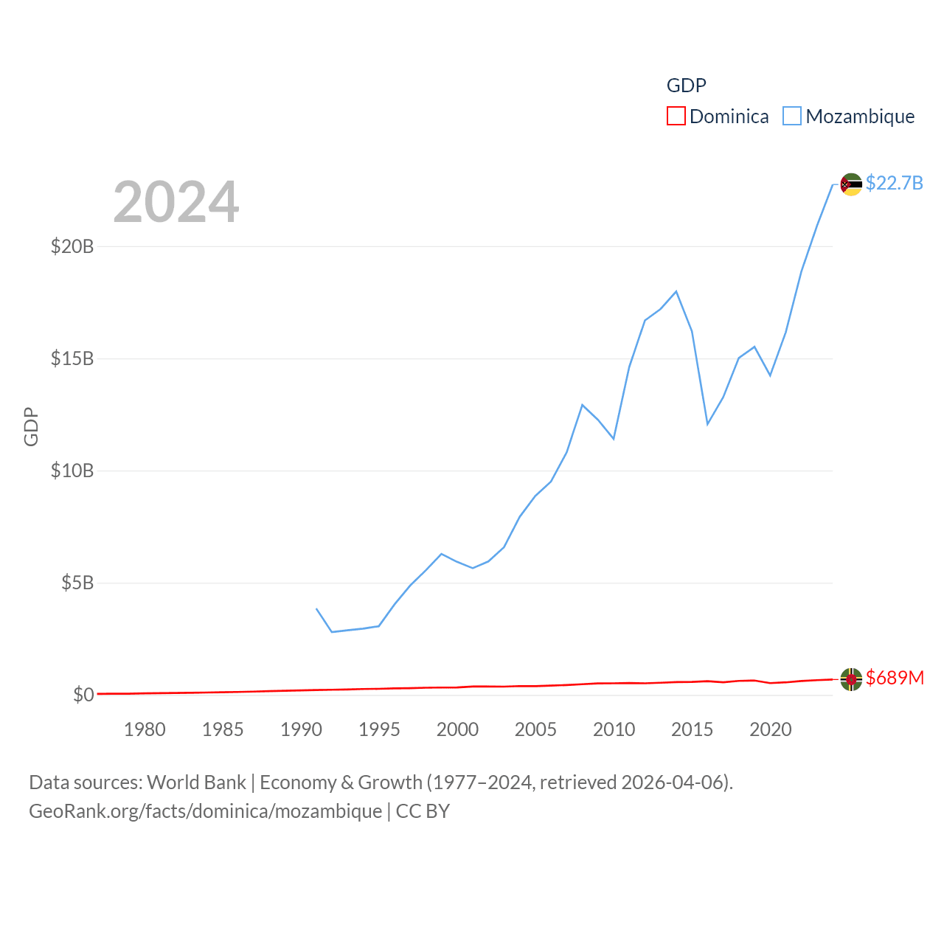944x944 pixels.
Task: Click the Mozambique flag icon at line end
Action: coord(851,184)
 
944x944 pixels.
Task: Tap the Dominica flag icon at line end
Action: coord(851,678)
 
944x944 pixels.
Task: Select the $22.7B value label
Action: coord(894,183)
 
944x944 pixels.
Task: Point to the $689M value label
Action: coord(895,678)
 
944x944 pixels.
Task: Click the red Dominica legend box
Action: coord(676,117)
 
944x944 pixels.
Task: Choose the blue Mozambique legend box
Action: coord(791,117)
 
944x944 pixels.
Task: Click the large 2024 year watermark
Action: coord(176,202)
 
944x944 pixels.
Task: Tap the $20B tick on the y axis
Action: coord(72,246)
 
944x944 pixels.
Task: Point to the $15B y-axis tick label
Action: coord(72,358)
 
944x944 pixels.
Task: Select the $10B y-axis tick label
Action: coord(72,471)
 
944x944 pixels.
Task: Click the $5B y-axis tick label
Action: coord(77,583)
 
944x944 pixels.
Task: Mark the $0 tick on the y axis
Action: coord(83,695)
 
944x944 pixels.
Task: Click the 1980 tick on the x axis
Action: coord(145,729)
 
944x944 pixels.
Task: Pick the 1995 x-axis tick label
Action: coord(379,729)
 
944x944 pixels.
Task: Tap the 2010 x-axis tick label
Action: coord(614,729)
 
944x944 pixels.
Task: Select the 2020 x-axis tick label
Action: coord(770,729)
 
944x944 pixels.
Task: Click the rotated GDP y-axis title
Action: coord(31,426)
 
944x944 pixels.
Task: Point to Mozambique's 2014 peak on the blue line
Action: coord(676,291)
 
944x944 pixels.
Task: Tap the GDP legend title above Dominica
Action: coord(686,86)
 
